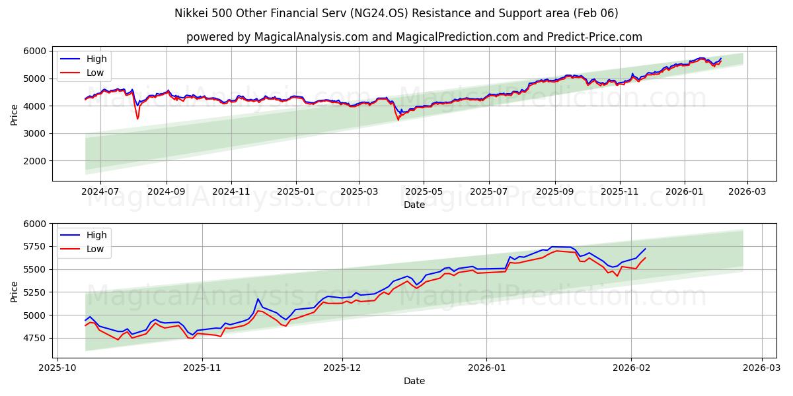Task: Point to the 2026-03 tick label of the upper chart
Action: pos(747,191)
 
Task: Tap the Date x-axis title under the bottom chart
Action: pos(414,381)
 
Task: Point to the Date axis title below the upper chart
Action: pos(414,205)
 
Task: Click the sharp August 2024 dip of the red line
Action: pos(137,118)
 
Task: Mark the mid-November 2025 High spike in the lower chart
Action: pos(258,299)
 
